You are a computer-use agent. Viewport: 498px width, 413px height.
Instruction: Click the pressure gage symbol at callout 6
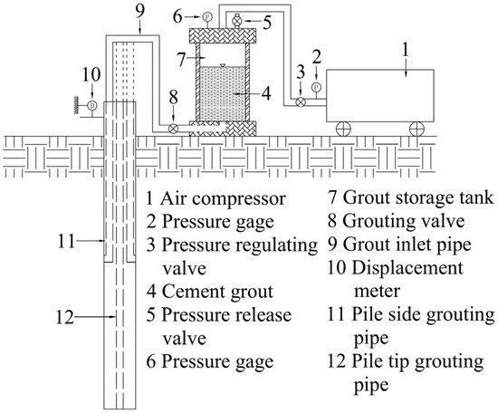point(207,16)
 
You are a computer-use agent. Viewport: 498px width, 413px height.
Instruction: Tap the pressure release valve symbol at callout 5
point(237,21)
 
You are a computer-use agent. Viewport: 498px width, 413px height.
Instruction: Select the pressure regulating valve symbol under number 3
point(301,102)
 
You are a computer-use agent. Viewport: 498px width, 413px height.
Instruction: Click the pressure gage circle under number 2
point(316,87)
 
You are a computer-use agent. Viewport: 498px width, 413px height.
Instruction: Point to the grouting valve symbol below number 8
point(173,129)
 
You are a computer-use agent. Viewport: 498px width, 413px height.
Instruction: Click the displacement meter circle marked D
point(92,105)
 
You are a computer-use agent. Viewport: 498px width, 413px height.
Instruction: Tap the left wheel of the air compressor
point(344,129)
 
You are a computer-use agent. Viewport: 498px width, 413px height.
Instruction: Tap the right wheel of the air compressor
point(417,129)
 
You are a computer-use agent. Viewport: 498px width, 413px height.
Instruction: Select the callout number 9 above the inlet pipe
point(139,12)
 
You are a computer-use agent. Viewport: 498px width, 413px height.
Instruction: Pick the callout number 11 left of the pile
point(66,241)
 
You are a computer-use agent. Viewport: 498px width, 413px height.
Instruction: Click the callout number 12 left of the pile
point(65,317)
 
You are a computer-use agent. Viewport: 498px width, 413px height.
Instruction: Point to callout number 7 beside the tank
point(181,60)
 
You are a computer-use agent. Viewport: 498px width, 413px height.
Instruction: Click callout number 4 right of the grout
point(266,93)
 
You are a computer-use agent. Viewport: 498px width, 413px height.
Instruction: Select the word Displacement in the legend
point(407,269)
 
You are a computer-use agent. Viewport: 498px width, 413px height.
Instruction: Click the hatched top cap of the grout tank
point(223,35)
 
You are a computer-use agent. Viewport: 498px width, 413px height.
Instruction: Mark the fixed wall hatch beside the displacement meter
point(76,105)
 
